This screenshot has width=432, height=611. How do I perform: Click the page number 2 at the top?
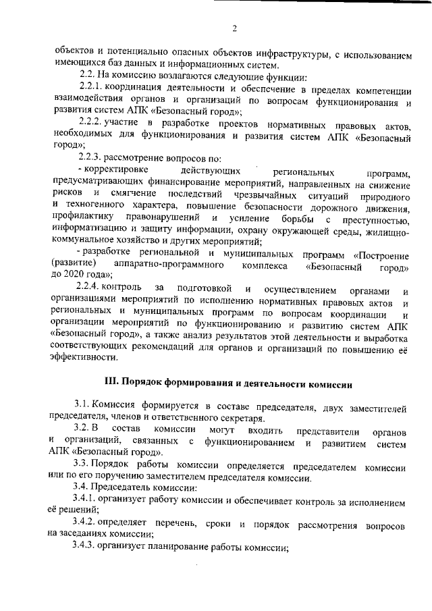click(x=234, y=28)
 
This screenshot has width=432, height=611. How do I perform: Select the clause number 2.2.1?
click(x=92, y=89)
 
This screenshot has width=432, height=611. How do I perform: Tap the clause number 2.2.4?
click(x=92, y=289)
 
